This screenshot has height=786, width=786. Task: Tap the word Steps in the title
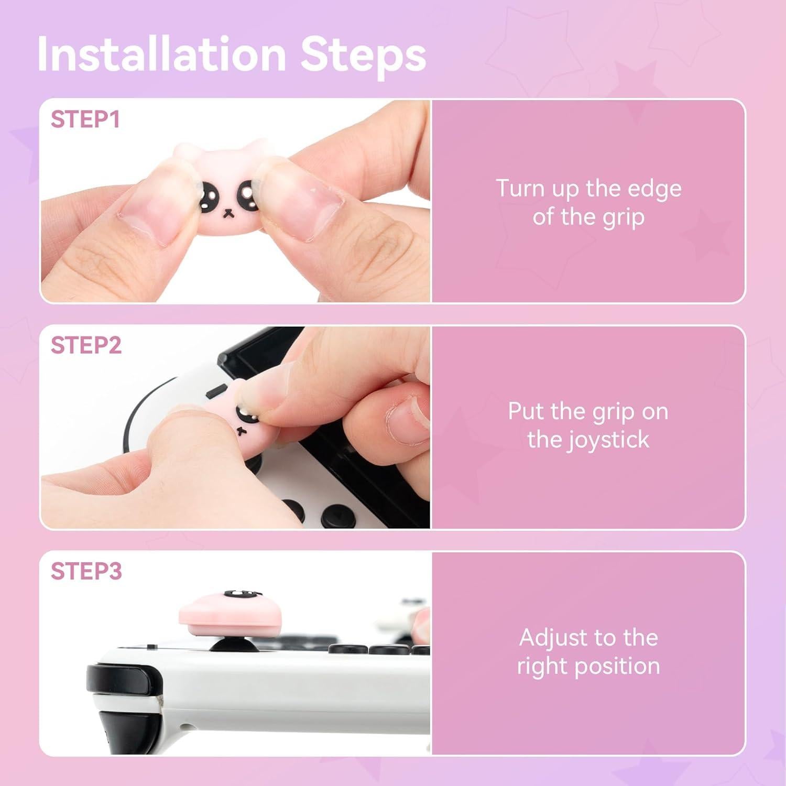click(x=363, y=54)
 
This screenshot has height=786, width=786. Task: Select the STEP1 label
click(x=85, y=119)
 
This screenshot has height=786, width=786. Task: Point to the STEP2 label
click(x=86, y=345)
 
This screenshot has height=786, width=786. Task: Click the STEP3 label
click(x=86, y=571)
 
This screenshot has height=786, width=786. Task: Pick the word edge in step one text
click(x=656, y=188)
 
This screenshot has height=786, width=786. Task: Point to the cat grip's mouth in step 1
click(x=228, y=213)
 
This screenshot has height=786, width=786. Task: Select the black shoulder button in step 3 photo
click(x=118, y=680)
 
